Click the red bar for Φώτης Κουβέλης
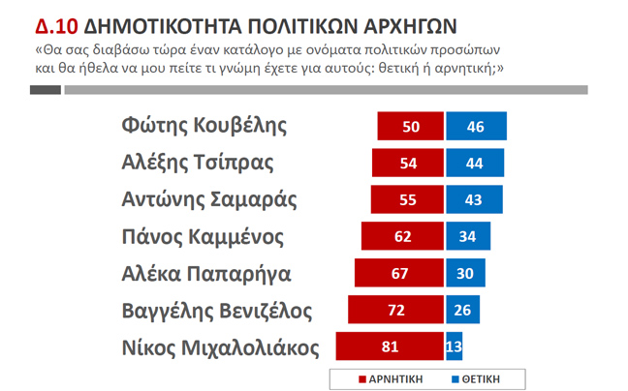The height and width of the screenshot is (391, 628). [x=410, y=127]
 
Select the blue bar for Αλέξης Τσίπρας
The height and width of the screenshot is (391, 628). [x=475, y=164]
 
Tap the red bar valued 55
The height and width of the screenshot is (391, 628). [x=407, y=200]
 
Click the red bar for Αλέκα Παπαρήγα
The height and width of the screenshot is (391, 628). [x=399, y=273]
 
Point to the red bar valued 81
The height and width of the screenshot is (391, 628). [x=390, y=346]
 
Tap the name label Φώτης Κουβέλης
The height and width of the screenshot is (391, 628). [x=204, y=126]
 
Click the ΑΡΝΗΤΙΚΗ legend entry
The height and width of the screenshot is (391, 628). [x=393, y=377]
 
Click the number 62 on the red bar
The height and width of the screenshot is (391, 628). [x=402, y=236]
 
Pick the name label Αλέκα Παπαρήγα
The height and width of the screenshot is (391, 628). [x=206, y=273]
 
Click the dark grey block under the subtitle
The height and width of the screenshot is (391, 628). [x=46, y=90]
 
